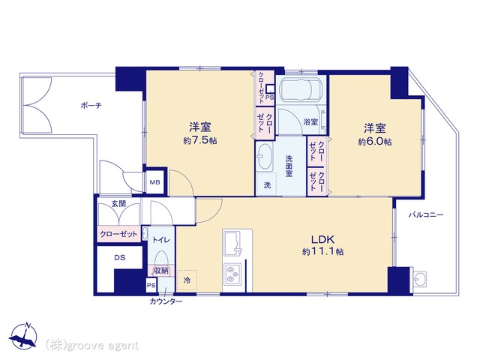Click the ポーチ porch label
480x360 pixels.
91,106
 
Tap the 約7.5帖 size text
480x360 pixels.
200,140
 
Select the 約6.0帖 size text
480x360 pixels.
375,142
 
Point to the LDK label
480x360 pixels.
322,239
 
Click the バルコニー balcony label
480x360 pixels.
426,215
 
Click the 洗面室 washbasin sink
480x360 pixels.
265,157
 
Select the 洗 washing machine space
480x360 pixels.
267,184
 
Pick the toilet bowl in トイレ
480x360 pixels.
161,259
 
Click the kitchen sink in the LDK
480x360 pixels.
233,243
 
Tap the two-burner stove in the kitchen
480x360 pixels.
232,274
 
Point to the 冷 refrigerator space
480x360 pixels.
187,280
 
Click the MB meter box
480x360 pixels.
155,182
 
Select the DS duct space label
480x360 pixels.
120,258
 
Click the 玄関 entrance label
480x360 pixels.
118,204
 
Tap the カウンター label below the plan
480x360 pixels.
166,301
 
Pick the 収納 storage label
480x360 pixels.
161,271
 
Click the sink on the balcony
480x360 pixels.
419,279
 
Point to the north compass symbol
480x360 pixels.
24,335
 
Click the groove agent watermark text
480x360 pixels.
92,346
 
